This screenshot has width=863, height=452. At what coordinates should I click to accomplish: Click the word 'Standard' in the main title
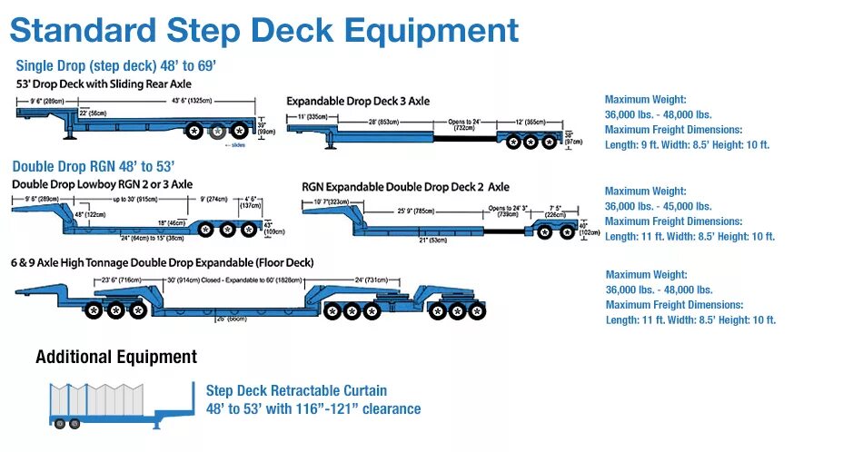83,30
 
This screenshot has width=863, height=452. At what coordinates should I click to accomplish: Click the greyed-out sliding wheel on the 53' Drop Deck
218,132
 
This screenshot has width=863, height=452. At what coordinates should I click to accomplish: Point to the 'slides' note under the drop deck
237,144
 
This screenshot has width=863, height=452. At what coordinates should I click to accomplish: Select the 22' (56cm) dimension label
92,113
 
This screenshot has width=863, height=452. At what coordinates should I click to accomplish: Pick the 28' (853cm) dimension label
384,121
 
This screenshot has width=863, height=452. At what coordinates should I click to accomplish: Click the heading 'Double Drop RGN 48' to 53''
94,166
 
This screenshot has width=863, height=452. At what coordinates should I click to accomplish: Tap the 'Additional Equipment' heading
116,357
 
